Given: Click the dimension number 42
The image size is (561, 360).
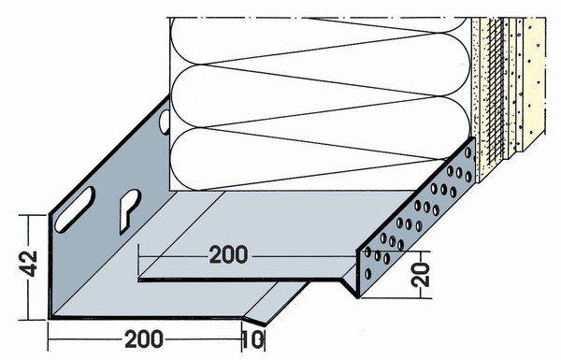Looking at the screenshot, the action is click(x=29, y=264).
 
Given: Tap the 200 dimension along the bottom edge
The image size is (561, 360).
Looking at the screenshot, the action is click(x=144, y=338).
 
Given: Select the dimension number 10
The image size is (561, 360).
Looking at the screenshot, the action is click(x=253, y=340).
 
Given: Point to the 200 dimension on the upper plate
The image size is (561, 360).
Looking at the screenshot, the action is click(x=228, y=254).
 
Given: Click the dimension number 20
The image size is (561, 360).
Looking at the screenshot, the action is click(x=421, y=275).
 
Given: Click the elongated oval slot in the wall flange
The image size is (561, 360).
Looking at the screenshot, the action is click(x=75, y=209).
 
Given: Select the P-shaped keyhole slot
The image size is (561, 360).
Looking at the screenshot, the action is click(x=129, y=210).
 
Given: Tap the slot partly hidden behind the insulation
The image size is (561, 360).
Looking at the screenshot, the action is click(x=165, y=122).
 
